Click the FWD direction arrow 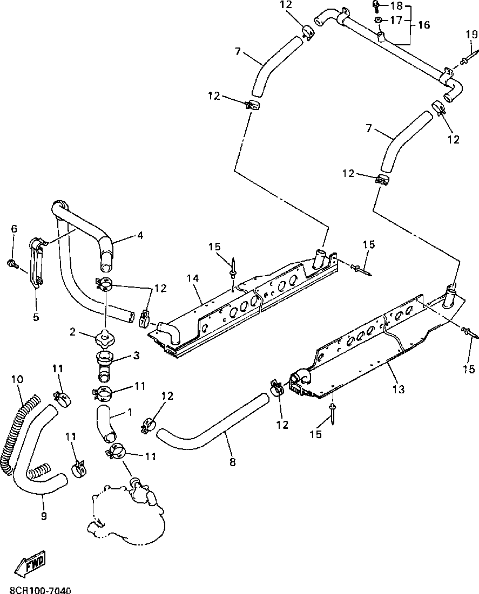(x=30, y=562)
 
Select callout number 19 (x=471, y=35)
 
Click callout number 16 (x=423, y=25)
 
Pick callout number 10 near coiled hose (x=17, y=379)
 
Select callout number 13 (x=399, y=389)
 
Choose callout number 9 (x=44, y=516)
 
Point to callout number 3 (x=136, y=356)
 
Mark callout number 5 (x=36, y=317)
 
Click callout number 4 (x=140, y=235)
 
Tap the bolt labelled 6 (x=11, y=263)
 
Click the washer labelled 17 (x=379, y=21)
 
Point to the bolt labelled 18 (x=375, y=6)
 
